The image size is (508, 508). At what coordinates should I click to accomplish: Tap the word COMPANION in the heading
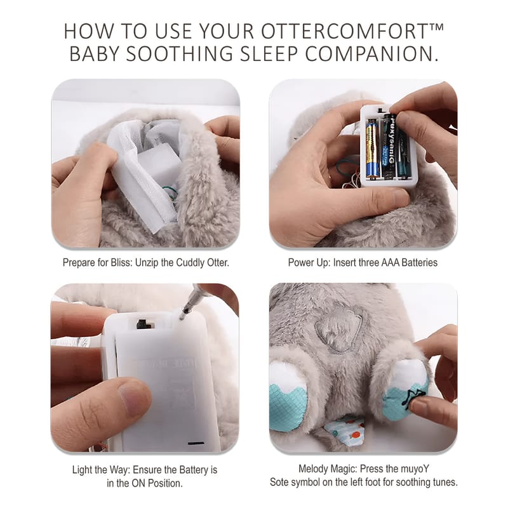pyautogui.click(x=371, y=53)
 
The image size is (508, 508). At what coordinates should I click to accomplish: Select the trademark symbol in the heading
pyautogui.click(x=436, y=27)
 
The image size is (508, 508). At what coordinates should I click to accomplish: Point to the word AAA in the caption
pyautogui.click(x=390, y=262)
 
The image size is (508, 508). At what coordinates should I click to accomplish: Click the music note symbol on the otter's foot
pyautogui.click(x=412, y=398)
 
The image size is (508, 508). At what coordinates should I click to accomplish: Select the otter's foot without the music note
pyautogui.click(x=288, y=396)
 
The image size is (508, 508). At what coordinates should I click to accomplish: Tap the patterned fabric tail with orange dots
pyautogui.click(x=345, y=429)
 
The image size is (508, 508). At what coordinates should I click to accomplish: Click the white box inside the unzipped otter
pyautogui.click(x=158, y=164)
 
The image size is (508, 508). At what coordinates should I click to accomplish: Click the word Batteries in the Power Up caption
pyautogui.click(x=419, y=262)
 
